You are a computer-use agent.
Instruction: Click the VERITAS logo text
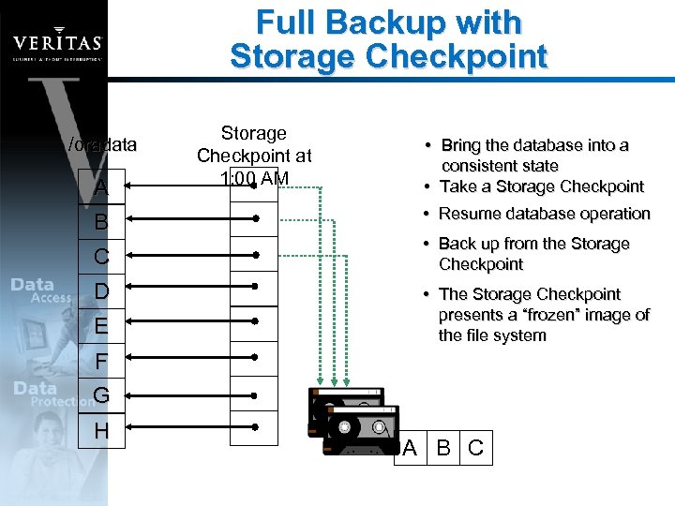[56, 43]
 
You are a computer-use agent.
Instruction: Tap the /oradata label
[102, 145]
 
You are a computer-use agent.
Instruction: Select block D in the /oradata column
[101, 290]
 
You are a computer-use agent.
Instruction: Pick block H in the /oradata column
[101, 431]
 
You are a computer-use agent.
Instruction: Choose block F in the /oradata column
[101, 360]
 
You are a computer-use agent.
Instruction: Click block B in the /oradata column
[101, 221]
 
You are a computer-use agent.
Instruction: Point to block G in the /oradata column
[101, 395]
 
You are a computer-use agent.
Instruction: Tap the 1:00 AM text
[254, 177]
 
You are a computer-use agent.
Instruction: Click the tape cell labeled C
[475, 448]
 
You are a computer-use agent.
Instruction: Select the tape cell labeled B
[444, 448]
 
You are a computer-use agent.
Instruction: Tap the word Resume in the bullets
[472, 214]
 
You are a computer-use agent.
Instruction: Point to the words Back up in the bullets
[471, 244]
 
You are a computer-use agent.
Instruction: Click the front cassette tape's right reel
[381, 428]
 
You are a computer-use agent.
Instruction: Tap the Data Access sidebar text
[41, 290]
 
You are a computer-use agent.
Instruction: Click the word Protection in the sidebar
[64, 401]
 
